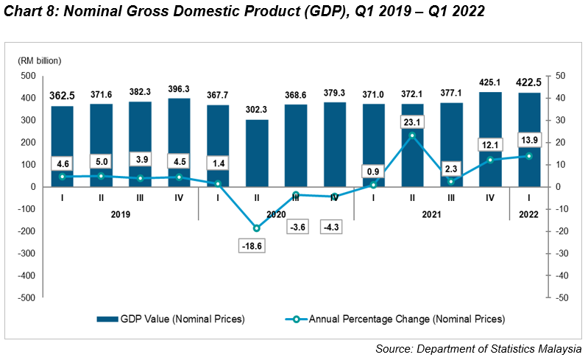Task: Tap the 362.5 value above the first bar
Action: [x=63, y=96]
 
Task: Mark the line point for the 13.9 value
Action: [x=528, y=155]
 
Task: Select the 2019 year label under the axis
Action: [x=121, y=214]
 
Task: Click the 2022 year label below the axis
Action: [x=528, y=214]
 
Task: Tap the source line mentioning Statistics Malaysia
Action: [x=478, y=348]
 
